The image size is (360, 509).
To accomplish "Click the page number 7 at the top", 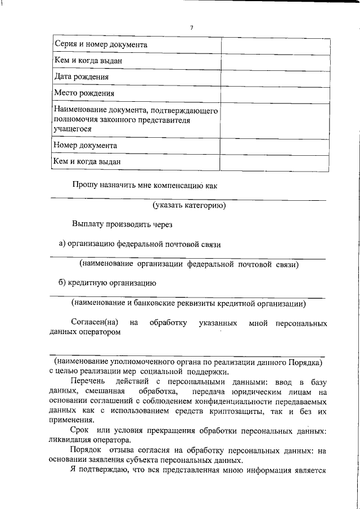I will click(192, 28).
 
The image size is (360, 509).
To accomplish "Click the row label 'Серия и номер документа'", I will click(101, 44).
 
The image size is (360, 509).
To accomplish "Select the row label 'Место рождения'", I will click(84, 93).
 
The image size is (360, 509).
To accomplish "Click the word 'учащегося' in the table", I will click(73, 129).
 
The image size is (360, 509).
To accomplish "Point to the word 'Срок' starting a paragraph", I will click(79, 431).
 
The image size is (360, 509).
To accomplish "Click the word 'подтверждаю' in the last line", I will click(107, 471).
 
